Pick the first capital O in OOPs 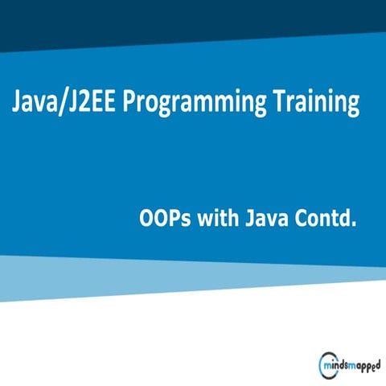coord(146,218)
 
